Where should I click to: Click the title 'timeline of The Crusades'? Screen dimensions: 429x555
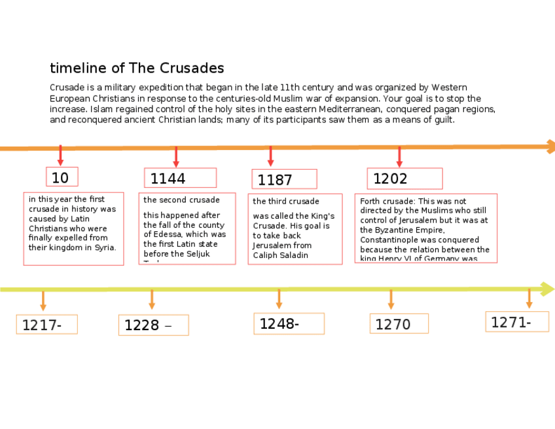coord(137,68)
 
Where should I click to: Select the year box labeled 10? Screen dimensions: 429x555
coord(61,177)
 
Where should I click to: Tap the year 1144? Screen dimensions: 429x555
coord(168,179)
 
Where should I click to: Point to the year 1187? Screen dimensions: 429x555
coord(275,180)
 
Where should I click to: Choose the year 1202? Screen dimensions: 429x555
coord(391,179)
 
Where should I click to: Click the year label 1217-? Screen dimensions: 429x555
coord(42,325)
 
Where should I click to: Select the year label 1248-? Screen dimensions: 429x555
coord(279,324)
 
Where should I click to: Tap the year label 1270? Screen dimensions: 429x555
coord(393,324)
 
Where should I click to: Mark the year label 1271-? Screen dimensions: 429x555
coord(510,322)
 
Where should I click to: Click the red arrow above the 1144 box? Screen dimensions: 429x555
coord(176,157)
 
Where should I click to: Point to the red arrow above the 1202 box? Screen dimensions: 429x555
coord(399,157)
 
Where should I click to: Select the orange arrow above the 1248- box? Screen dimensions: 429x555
coord(279,299)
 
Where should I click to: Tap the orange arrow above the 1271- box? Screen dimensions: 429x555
coord(529,298)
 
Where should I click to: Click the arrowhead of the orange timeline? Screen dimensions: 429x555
coord(550,147)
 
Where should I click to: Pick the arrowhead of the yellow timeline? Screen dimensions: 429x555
coord(548,289)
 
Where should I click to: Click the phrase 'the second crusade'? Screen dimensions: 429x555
coord(182,200)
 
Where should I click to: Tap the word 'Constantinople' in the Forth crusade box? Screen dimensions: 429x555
coord(388,240)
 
